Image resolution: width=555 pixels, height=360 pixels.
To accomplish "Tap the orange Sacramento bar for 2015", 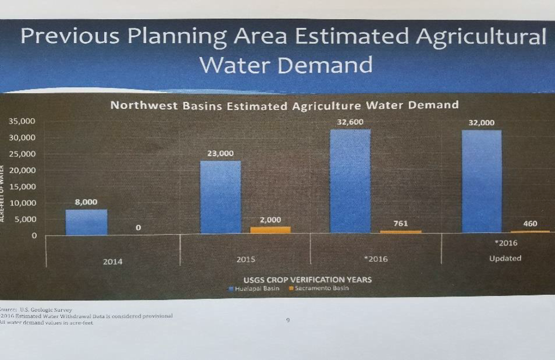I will tap(271, 230).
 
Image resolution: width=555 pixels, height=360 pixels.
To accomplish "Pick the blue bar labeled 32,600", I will tap(350, 181).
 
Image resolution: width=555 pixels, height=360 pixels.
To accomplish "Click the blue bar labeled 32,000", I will tap(482, 182).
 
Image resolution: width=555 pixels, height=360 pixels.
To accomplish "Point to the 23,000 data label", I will tap(220, 154).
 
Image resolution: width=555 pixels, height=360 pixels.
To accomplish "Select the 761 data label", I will tap(401, 223).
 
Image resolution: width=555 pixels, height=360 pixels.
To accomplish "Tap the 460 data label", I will tap(531, 223).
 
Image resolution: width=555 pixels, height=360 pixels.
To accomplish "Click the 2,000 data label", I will tap(270, 220).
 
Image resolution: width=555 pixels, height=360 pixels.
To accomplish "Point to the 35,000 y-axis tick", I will tap(22, 122).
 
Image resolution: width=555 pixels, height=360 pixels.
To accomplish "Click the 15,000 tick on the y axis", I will tap(22, 187).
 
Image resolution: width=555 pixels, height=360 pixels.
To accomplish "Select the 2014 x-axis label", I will tap(113, 262).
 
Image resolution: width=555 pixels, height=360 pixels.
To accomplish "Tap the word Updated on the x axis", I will tap(505, 258).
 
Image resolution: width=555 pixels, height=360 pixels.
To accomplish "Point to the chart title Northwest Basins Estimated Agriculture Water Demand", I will tap(284, 106).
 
